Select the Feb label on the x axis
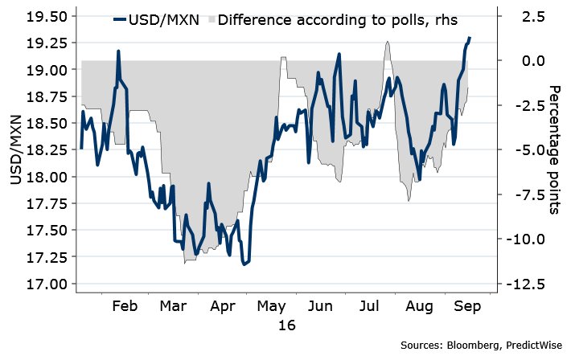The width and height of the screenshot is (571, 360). tap(125, 306)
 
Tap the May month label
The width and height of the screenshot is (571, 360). tap(271, 306)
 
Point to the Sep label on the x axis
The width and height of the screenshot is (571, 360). tap(466, 306)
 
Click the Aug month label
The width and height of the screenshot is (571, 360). tap(417, 306)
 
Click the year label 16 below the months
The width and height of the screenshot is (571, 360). tap(286, 325)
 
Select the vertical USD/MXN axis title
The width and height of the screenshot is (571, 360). tap(16, 151)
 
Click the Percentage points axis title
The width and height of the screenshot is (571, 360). tap(554, 149)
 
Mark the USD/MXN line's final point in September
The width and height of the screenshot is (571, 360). tap(470, 38)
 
